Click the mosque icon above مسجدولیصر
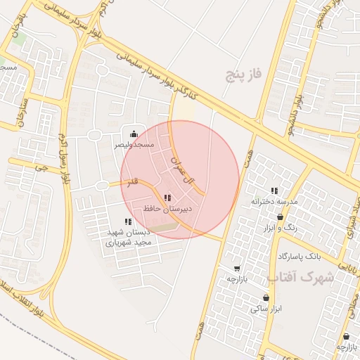click(134, 134)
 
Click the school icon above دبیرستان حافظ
click(167, 198)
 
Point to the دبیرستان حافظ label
click(167, 209)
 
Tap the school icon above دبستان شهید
click(128, 221)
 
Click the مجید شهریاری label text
click(129, 242)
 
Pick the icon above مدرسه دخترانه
click(274, 191)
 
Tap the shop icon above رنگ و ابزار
click(281, 217)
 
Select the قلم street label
click(132, 182)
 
